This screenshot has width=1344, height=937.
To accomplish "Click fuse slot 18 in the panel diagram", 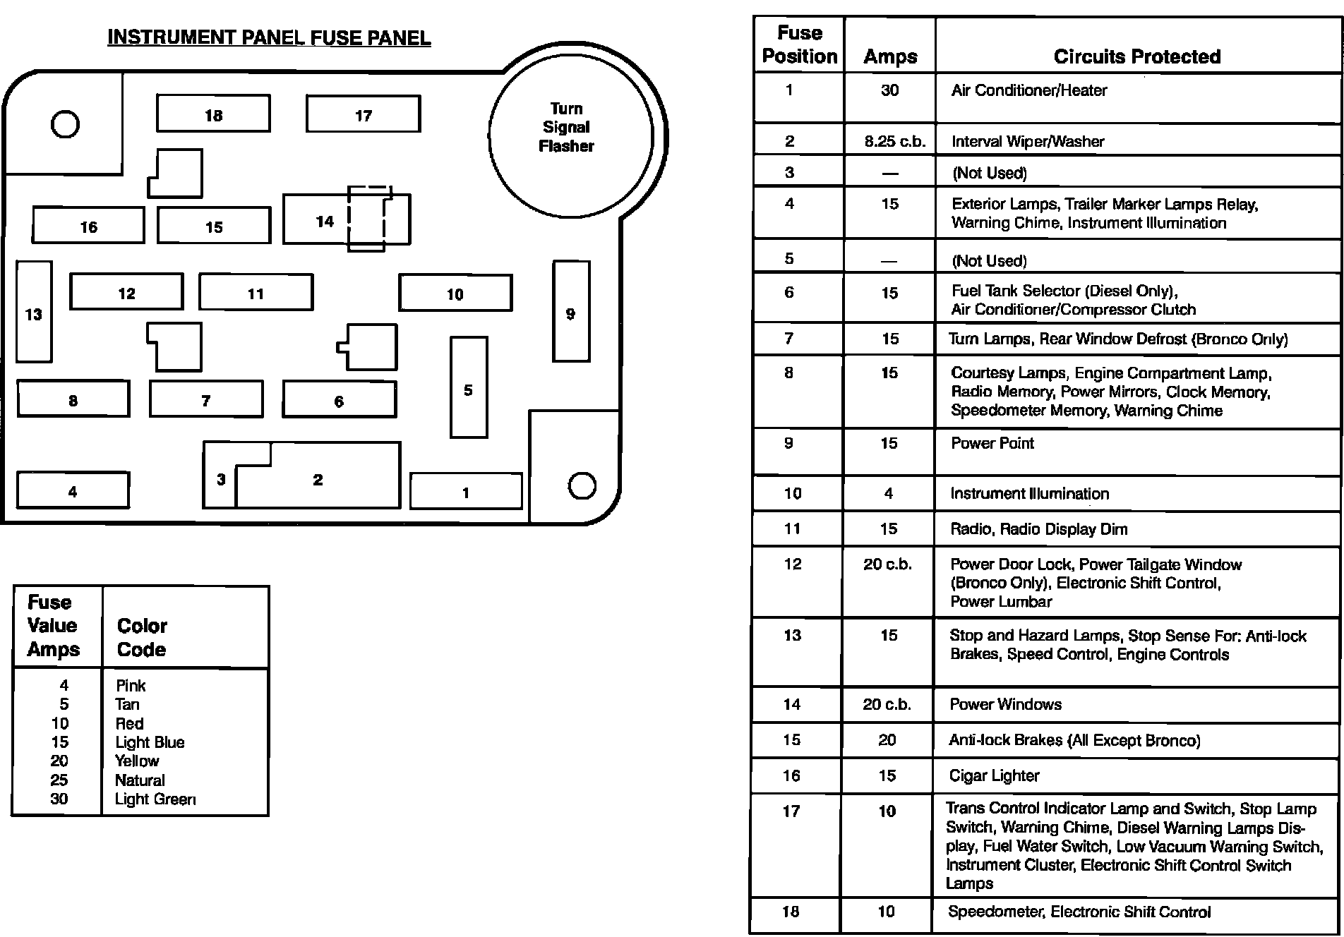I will pyautogui.click(x=213, y=114).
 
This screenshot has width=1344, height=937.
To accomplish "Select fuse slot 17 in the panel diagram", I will pyautogui.click(x=363, y=114).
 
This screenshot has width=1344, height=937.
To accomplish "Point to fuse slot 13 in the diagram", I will pyautogui.click(x=34, y=313).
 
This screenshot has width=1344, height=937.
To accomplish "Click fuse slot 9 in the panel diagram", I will pyautogui.click(x=571, y=312).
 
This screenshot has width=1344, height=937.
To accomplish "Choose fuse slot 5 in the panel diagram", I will pyautogui.click(x=469, y=388).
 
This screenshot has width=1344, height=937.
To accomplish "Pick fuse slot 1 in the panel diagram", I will pyautogui.click(x=466, y=492).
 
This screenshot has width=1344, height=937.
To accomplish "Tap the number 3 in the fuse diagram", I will pyautogui.click(x=221, y=480).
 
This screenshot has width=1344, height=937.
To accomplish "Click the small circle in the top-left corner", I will pyautogui.click(x=65, y=125).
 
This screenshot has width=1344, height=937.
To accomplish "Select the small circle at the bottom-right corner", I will pyautogui.click(x=582, y=485).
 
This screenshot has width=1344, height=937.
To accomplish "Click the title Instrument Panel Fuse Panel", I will pyautogui.click(x=269, y=37).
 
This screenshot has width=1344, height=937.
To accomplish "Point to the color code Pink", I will pyautogui.click(x=131, y=685).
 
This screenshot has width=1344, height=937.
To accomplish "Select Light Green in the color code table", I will pyautogui.click(x=155, y=799).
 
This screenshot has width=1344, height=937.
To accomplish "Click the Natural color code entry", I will pyautogui.click(x=140, y=780).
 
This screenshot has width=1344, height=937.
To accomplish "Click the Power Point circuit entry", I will pyautogui.click(x=992, y=443).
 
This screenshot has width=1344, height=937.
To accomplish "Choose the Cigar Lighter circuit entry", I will pyautogui.click(x=994, y=775).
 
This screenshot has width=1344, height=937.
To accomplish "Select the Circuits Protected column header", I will pyautogui.click(x=1136, y=56).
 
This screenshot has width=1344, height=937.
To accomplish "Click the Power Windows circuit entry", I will pyautogui.click(x=1005, y=704).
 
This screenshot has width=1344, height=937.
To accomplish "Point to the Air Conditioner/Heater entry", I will pyautogui.click(x=1028, y=90).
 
